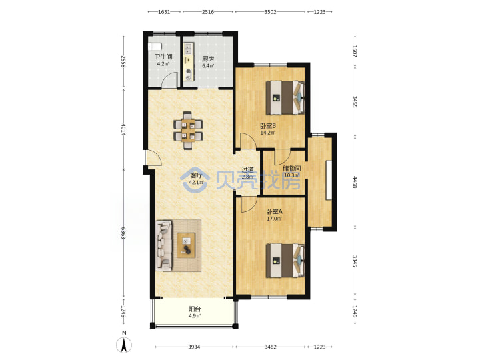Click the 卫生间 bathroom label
pos(163,57)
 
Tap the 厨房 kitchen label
pos(208,59)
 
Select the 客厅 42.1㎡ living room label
pos(196,179)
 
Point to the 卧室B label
pos(268,126)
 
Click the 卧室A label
pos(274,211)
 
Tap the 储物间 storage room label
pos(291,169)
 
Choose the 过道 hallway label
pos(247,169)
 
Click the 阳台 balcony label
pos(195,309)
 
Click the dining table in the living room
pos(188,130)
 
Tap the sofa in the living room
pos(164,246)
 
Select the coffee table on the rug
pos(186,245)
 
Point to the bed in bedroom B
pos(285,97)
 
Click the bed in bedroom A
pos(285,261)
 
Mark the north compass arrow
pos(124,345)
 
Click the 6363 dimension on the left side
pos(123,233)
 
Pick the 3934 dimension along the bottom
pos(194,347)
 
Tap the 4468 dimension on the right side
pos(355,182)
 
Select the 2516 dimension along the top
pos(208,12)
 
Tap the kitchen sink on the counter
pos(188,49)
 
